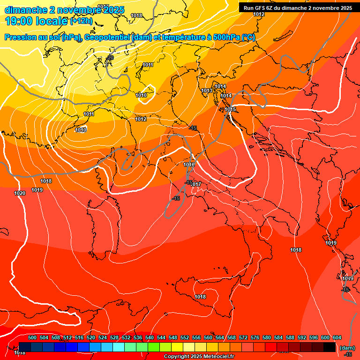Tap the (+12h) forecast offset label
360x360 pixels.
pos(81,21)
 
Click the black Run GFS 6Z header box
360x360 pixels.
pos(298,7)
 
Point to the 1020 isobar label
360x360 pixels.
pos(20,193)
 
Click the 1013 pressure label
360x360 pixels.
pos(207,90)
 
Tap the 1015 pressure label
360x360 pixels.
pos(230,109)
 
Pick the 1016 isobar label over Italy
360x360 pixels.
pos(189,165)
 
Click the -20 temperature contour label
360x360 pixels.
pos(110,58)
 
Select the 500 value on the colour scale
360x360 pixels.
pos(32,337)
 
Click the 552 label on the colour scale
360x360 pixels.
pos(185,337)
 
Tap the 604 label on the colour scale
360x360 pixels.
pos(337,337)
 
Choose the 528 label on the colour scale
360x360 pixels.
pos(114,337)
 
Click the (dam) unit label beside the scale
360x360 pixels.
pos(347,347)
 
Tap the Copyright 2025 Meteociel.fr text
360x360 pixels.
pos(199,357)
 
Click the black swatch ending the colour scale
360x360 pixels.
pos(330,347)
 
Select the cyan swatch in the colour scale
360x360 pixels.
pos(119,347)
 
